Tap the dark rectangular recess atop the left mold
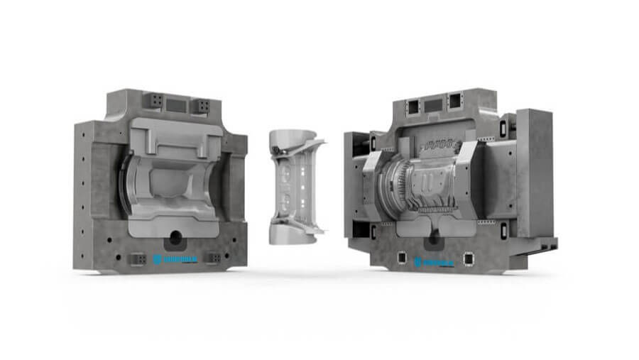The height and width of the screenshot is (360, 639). pos(177,105)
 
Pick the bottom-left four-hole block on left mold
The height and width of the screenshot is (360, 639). pos(139,258)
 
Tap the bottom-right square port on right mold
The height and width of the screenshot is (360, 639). pos(469,258)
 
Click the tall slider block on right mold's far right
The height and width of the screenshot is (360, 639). pos(535,174)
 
